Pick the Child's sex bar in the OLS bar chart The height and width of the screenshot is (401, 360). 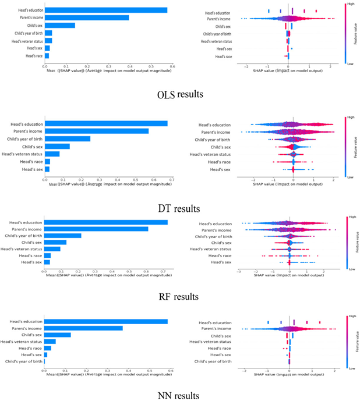pos(60,25)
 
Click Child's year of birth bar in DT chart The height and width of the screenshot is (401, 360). pos(68,139)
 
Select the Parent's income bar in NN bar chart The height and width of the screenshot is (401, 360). pos(83,328)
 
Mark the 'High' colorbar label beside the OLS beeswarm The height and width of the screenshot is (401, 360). pos(351,3)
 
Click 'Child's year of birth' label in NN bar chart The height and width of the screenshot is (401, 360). pos(24,361)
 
